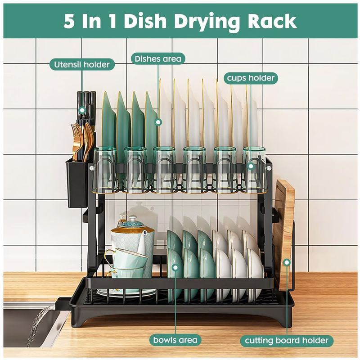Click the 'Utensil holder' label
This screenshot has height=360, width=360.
tap(82, 65)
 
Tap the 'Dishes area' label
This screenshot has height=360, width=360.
tap(158, 59)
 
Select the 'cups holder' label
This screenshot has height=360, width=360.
tap(251, 78)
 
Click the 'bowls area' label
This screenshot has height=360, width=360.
tap(175, 340)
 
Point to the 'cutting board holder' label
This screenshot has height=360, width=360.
tap(287, 341)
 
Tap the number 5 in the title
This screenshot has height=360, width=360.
tap(69, 21)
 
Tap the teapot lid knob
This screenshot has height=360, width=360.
tap(133, 218)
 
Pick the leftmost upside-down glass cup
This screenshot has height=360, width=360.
tap(105, 170)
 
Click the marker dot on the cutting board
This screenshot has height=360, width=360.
tap(287, 262)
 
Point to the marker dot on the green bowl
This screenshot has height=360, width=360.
tap(175, 267)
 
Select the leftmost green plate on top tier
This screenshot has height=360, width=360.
tap(109, 124)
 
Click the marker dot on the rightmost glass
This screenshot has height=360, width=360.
tap(251, 166)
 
